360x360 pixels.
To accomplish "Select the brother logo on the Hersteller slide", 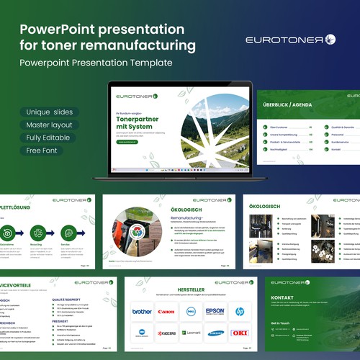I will tap(142, 312).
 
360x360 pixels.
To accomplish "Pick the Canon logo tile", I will tap(166, 312).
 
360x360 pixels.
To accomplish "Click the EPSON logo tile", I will tap(215, 312).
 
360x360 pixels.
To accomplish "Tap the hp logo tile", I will tap(240, 312).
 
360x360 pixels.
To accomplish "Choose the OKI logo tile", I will tap(240, 333).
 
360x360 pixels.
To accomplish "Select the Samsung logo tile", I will tap(215, 333).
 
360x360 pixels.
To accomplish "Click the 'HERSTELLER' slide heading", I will tap(191, 290).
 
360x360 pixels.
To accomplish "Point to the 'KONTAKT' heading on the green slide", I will tap(282, 297).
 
